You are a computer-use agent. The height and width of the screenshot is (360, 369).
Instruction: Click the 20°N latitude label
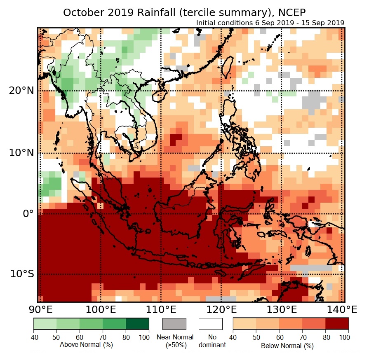click(x=20, y=91)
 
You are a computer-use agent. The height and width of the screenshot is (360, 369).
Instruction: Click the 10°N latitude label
click(x=20, y=153)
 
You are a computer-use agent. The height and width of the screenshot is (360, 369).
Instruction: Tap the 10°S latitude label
click(x=21, y=274)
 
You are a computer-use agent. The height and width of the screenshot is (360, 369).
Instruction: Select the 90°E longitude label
click(x=40, y=309)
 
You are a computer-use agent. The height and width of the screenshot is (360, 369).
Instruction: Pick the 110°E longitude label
click(x=160, y=309)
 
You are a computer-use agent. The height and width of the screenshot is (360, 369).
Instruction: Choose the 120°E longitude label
click(x=221, y=309)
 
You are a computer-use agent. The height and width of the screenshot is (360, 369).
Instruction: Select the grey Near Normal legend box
click(x=174, y=324)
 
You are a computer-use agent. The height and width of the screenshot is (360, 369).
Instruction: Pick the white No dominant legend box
click(x=211, y=324)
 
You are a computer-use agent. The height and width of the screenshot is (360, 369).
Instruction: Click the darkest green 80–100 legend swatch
click(x=137, y=324)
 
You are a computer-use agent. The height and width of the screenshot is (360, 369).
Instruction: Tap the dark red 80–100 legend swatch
click(x=337, y=324)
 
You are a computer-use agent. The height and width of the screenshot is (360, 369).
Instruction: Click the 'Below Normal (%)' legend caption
click(x=287, y=346)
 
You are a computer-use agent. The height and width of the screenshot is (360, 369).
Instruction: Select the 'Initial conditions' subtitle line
click(x=270, y=23)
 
